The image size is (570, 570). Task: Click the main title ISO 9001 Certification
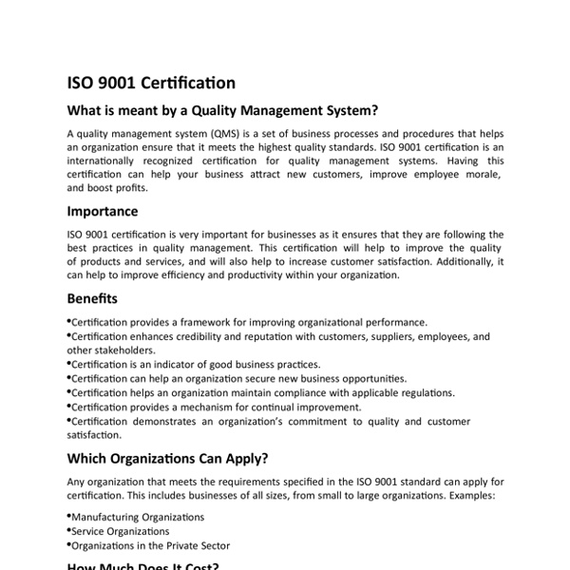click(151, 83)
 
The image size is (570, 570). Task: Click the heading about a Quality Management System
click(223, 109)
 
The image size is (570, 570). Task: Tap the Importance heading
click(103, 211)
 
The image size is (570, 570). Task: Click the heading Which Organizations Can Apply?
click(166, 459)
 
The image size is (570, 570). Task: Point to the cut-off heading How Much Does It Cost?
click(143, 566)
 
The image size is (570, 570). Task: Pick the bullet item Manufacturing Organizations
click(138, 517)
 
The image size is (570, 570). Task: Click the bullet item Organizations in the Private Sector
click(150, 545)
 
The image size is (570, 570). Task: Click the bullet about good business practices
click(195, 364)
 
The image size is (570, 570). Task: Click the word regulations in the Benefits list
click(421, 392)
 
